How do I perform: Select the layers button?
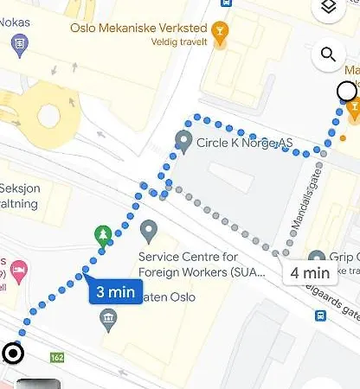pos(327,8)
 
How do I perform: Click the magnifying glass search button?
pos(327,55)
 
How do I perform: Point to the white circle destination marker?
pos(347,91)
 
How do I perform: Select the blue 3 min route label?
pos(114,291)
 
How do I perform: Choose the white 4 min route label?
pos(309,273)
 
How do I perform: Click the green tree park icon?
pos(103,234)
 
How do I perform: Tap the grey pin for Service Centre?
pos(148,232)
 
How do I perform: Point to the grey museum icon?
pos(108,321)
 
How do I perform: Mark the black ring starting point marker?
pos(13,352)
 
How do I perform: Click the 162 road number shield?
pos(58,356)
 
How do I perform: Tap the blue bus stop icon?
pos(321,316)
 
